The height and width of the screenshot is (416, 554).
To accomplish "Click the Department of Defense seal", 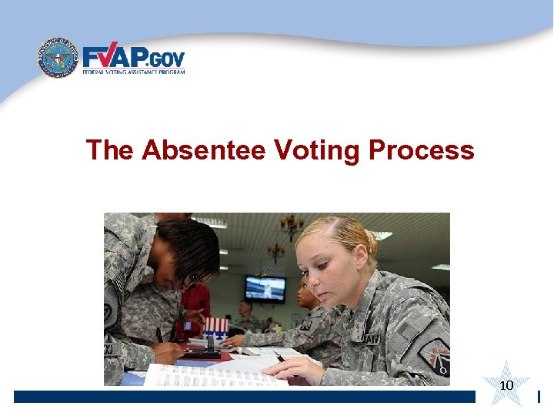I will click(x=58, y=58).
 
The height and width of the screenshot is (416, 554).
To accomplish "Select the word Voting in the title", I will click(x=317, y=149).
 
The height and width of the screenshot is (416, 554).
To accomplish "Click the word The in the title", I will click(x=110, y=149).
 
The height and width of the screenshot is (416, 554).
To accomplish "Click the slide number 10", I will click(x=506, y=385).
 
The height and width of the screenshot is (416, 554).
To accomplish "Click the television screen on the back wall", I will click(x=265, y=288).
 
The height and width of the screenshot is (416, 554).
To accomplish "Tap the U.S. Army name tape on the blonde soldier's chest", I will click(x=371, y=337).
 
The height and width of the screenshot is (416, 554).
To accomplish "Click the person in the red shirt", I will click(x=195, y=304).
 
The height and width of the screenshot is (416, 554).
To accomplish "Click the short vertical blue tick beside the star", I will click(x=539, y=397).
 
